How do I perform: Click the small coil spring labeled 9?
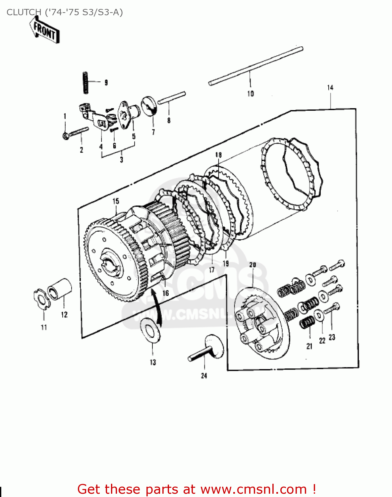pos(85,82)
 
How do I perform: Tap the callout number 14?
pos(330,88)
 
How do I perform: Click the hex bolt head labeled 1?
pos(66,135)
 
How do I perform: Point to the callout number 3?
pos(121,160)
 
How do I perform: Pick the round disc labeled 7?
pos(149,106)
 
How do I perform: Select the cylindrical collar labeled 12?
pos(60,289)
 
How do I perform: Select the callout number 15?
pos(116,201)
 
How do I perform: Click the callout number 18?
pos(218,155)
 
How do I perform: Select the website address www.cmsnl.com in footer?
pos(253,489)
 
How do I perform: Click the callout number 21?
pos(309,346)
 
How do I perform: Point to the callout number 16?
pos(165,293)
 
